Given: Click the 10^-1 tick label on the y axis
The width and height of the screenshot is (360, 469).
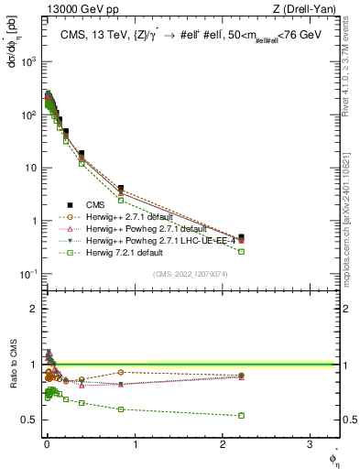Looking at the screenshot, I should pyautogui.click(x=27, y=275).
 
